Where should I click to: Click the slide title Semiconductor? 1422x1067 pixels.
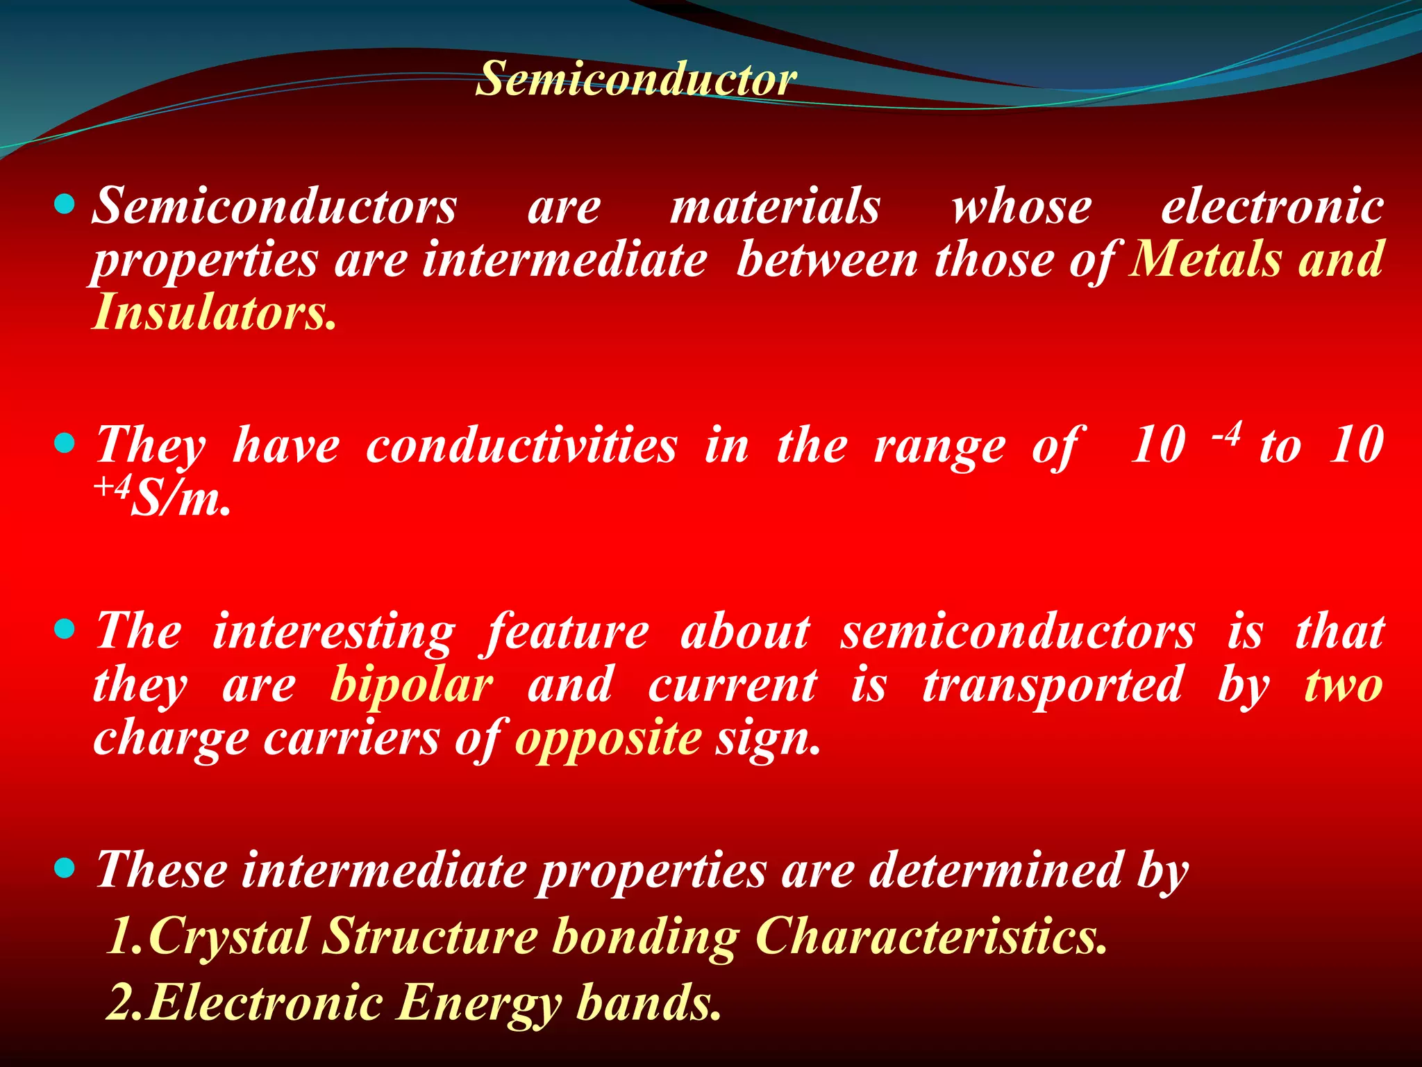click(x=636, y=78)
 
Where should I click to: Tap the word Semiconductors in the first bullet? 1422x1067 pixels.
click(x=275, y=206)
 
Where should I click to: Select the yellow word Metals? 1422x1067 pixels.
click(x=1205, y=259)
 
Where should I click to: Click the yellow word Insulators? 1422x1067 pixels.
click(x=213, y=312)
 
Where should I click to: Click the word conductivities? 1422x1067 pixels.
click(x=521, y=445)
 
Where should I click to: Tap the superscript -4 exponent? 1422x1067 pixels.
click(x=1226, y=433)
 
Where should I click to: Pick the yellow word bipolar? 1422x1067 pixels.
click(x=412, y=684)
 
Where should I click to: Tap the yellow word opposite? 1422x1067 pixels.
click(x=608, y=737)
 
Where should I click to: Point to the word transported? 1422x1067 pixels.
click(x=1052, y=684)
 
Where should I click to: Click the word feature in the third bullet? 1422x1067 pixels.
click(x=567, y=631)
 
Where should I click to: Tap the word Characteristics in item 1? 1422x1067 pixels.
click(x=930, y=936)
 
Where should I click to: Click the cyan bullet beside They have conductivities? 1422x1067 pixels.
click(x=64, y=442)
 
